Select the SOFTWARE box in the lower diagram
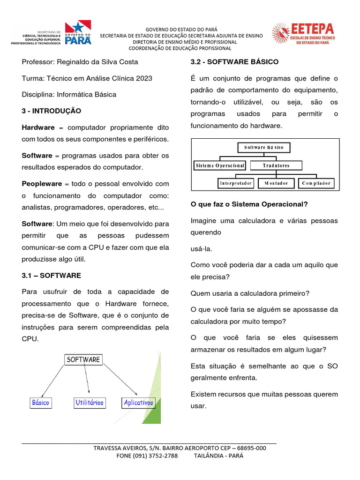tap(83, 360)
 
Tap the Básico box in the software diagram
tap(40, 403)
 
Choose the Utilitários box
tap(90, 403)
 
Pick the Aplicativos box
tap(138, 403)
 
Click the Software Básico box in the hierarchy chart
tap(264, 148)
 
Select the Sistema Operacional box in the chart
tap(219, 165)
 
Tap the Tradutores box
tap(276, 165)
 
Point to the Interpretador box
tap(236, 183)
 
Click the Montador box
tap(277, 183)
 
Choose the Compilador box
tap(316, 183)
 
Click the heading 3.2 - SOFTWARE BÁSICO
tap(234, 62)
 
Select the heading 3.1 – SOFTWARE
tap(52, 275)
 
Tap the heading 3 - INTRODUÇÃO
tap(52, 111)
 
